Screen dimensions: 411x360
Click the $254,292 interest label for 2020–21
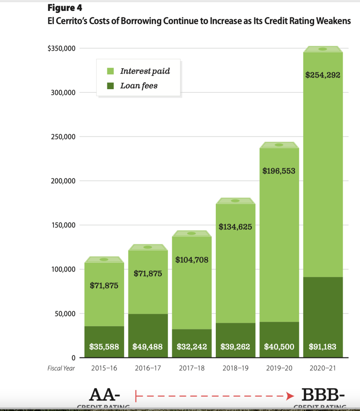coord(323,75)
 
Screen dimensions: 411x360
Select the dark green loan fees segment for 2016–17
coord(147,327)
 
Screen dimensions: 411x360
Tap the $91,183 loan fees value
coord(323,346)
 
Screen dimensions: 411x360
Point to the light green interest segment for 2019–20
coord(279,241)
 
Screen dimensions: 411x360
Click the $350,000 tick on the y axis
coord(61,49)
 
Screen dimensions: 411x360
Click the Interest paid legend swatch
coord(111,72)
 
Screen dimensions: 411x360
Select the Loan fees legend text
coord(139,86)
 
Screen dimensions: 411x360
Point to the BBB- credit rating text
coord(323,395)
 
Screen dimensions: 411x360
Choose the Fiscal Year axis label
coord(61,368)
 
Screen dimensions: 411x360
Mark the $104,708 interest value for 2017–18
coord(192,260)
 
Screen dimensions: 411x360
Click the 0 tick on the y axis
coord(73,358)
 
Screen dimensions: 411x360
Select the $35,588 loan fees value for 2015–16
coord(104,346)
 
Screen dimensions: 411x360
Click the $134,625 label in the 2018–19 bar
coord(235,227)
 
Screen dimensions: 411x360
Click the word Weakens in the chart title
coord(333,21)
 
